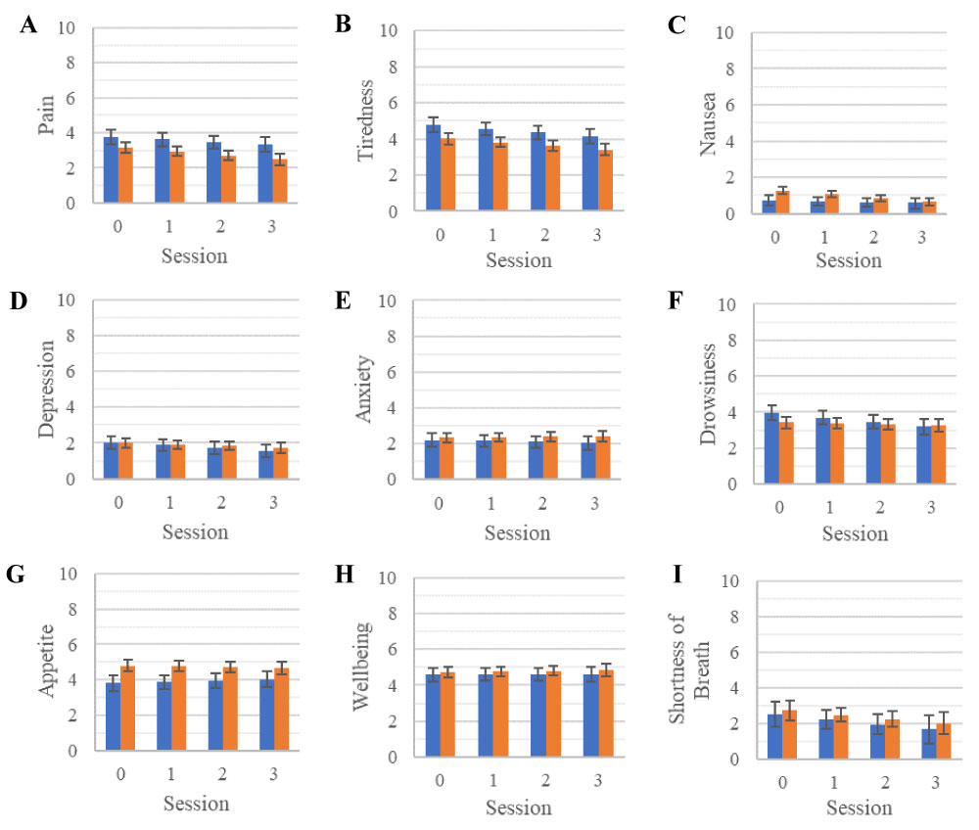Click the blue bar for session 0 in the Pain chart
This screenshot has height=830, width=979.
(111, 171)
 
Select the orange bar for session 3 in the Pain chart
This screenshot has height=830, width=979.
(280, 182)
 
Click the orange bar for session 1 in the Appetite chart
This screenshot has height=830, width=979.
(178, 709)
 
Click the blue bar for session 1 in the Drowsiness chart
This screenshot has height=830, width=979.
(823, 451)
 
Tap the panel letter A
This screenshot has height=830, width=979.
(28, 26)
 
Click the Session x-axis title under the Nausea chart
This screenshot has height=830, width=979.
(848, 260)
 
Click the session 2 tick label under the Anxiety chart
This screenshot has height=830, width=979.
(542, 504)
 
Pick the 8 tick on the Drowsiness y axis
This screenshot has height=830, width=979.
(726, 341)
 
